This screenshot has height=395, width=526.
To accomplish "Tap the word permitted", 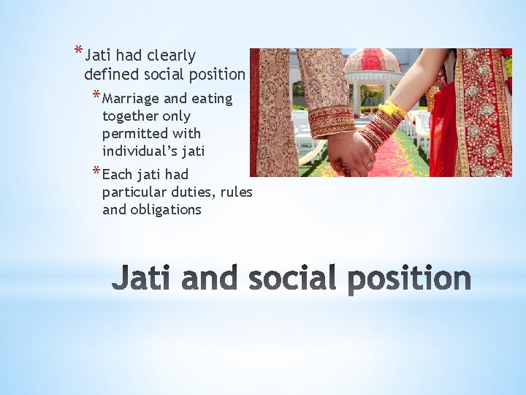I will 133,134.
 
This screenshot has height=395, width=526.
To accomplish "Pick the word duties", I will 188,192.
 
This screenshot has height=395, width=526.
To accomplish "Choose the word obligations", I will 167,210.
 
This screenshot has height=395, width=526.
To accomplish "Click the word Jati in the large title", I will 146,279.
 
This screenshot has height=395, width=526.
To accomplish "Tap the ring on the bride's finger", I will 369,165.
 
